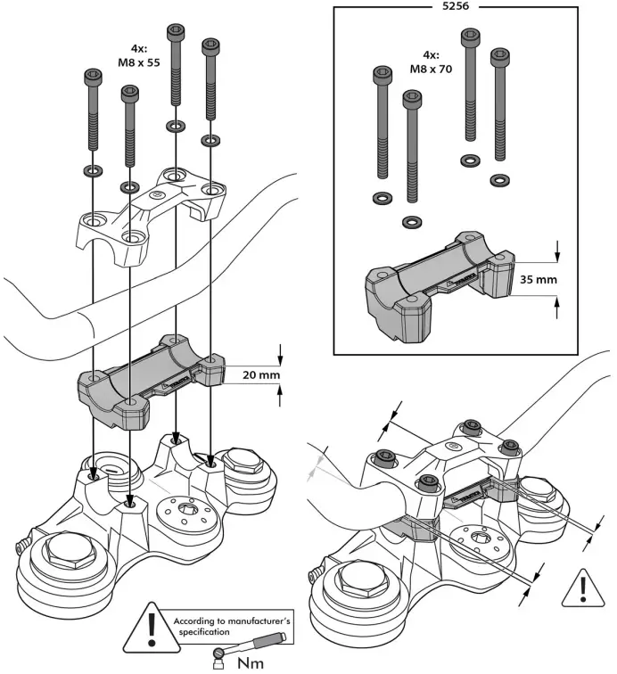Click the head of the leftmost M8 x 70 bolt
(x=383, y=71)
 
